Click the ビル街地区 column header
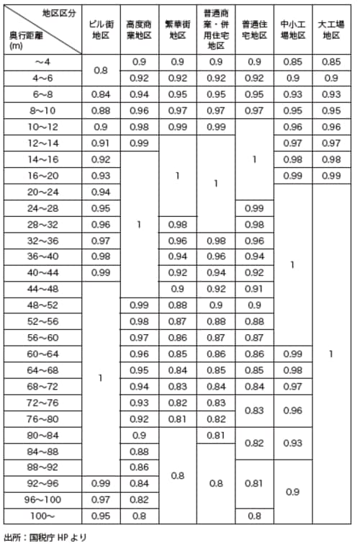[101, 29]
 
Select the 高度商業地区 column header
[138, 29]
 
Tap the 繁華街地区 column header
[177, 29]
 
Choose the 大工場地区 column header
[331, 29]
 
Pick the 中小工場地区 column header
[292, 29]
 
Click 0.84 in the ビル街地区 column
[101, 94]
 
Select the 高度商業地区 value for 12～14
[138, 143]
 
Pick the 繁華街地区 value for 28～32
[177, 223]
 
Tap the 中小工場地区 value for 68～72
[292, 386]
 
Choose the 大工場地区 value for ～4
[331, 62]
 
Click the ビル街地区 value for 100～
[101, 515]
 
